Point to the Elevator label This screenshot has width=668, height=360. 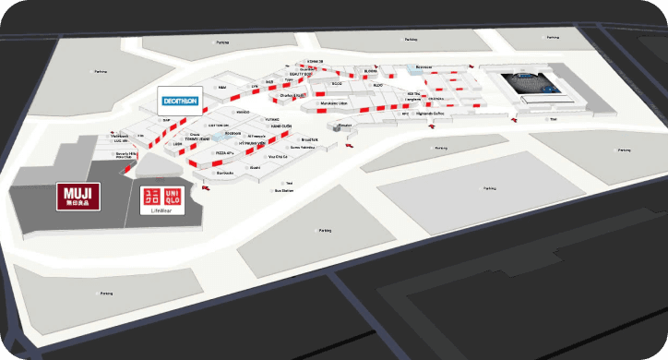click(x=345, y=125)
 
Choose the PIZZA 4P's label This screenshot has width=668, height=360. click(x=224, y=152)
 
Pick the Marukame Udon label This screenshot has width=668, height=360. click(x=334, y=103)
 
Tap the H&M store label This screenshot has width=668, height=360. click(x=221, y=87)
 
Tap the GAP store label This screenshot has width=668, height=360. click(x=166, y=120)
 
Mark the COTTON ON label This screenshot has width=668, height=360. click(x=218, y=125)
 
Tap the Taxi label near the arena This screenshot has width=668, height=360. click(x=554, y=119)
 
